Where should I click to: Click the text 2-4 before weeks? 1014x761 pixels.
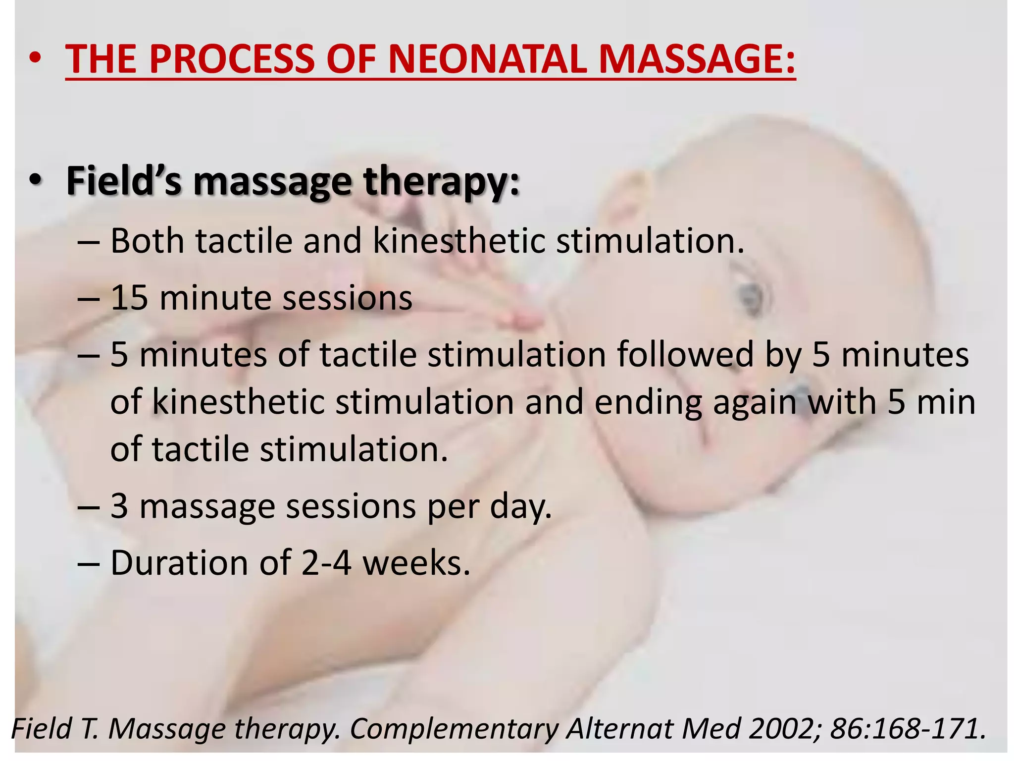(326, 563)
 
